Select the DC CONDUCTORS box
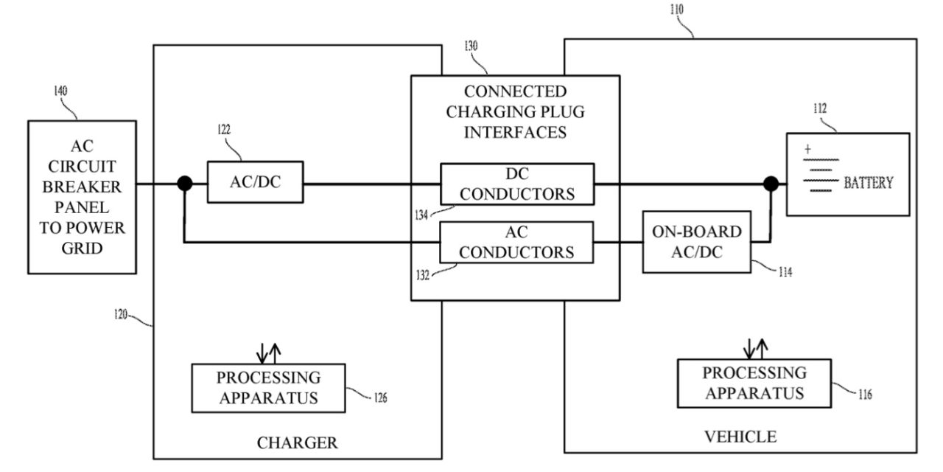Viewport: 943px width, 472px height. (x=517, y=184)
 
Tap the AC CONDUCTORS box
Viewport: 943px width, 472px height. (x=517, y=242)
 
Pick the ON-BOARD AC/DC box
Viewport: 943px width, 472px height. (x=697, y=242)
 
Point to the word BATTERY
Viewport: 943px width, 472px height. (x=868, y=183)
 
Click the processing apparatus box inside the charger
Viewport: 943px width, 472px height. (x=268, y=388)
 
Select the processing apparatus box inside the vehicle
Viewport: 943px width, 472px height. (x=754, y=383)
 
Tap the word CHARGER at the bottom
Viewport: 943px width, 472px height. (x=297, y=443)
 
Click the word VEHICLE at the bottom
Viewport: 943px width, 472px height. (x=740, y=437)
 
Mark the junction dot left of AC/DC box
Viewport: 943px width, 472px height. (x=184, y=184)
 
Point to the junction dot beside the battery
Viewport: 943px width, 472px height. (x=771, y=183)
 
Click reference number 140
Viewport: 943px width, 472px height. (x=60, y=91)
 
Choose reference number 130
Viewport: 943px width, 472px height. (x=471, y=46)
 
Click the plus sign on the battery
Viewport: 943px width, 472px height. (x=808, y=149)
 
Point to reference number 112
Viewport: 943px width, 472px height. (x=819, y=108)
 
